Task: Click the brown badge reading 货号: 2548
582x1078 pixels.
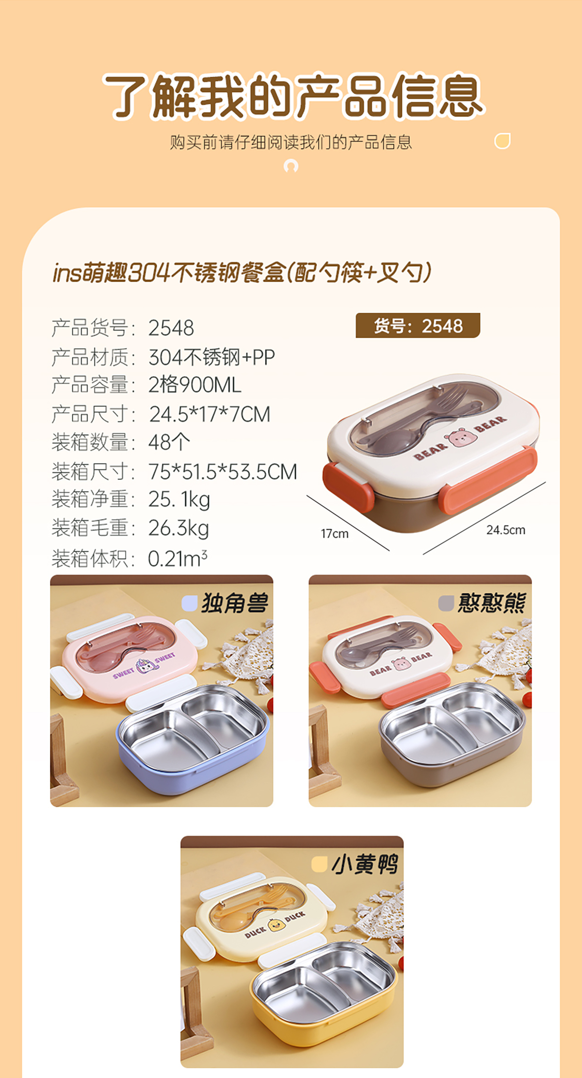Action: pos(418,325)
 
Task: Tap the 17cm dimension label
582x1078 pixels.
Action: pos(335,534)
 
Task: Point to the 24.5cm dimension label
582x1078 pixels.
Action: pos(506,530)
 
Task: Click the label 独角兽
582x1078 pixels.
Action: pos(235,603)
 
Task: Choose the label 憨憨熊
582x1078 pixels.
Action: pos(491,603)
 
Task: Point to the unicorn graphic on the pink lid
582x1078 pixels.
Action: pos(144,666)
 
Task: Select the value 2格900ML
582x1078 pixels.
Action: pos(195,385)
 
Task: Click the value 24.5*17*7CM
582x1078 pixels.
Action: pos(210,414)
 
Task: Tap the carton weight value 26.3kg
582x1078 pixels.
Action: pos(178,528)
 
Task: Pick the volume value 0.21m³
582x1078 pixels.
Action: pos(178,558)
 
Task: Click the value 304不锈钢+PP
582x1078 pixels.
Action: pos(211,357)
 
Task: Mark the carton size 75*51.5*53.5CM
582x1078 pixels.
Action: pos(223,472)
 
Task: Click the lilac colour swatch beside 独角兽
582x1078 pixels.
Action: pos(189,603)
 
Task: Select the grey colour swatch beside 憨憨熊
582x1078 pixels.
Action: pos(446,603)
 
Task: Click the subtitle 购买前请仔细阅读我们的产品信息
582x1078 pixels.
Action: pos(291,142)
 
